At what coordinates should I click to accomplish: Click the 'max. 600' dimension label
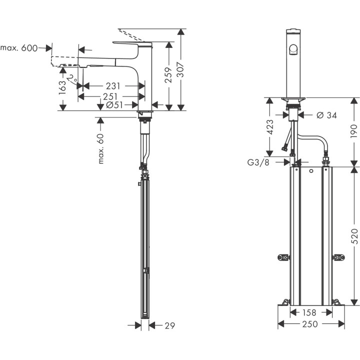(x=19, y=48)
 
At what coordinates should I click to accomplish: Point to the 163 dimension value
(x=62, y=87)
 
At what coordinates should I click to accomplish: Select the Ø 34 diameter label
(x=327, y=115)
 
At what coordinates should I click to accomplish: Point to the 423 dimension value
(x=270, y=128)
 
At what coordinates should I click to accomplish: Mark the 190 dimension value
(x=354, y=131)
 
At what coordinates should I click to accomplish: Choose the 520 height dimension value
(x=354, y=235)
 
